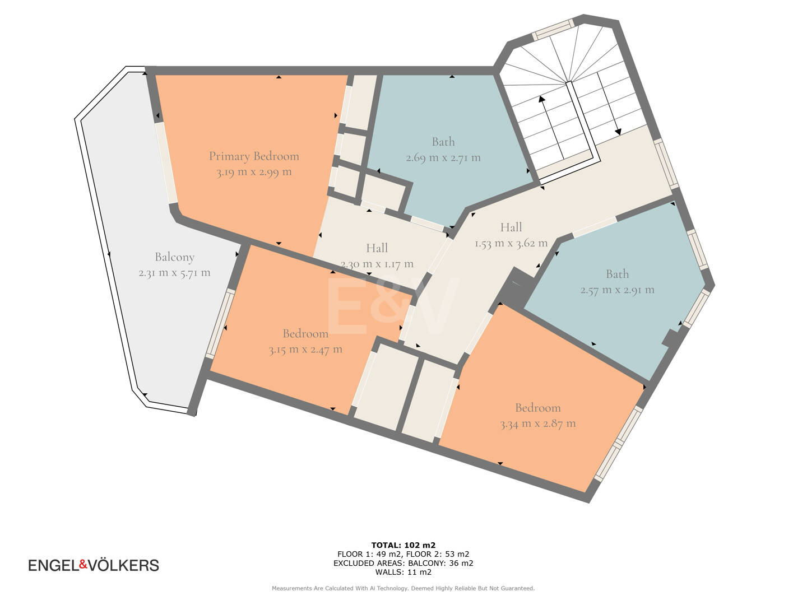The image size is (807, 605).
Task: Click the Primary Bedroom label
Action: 254,156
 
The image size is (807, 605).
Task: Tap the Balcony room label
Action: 175,257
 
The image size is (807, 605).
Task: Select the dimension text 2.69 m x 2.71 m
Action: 443,157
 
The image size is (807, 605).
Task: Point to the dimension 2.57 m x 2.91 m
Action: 617,290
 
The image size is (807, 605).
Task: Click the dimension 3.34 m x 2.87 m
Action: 538,424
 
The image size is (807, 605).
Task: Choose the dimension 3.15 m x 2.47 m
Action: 305,350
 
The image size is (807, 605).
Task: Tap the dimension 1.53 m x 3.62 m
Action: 511,243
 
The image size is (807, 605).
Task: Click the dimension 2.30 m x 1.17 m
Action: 377,264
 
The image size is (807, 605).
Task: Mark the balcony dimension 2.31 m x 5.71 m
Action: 175,273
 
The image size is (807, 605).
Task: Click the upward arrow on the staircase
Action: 550,125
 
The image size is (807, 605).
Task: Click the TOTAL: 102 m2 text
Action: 403,545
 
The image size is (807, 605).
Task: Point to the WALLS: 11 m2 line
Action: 403,572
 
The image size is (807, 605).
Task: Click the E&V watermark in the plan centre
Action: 393,306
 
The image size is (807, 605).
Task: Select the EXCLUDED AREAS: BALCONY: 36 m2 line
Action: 403,563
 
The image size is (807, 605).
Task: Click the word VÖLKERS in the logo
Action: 123,565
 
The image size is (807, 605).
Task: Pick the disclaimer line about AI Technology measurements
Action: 403,588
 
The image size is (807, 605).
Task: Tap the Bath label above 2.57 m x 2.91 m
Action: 617,274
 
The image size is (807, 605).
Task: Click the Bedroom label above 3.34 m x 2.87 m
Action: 538,408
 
